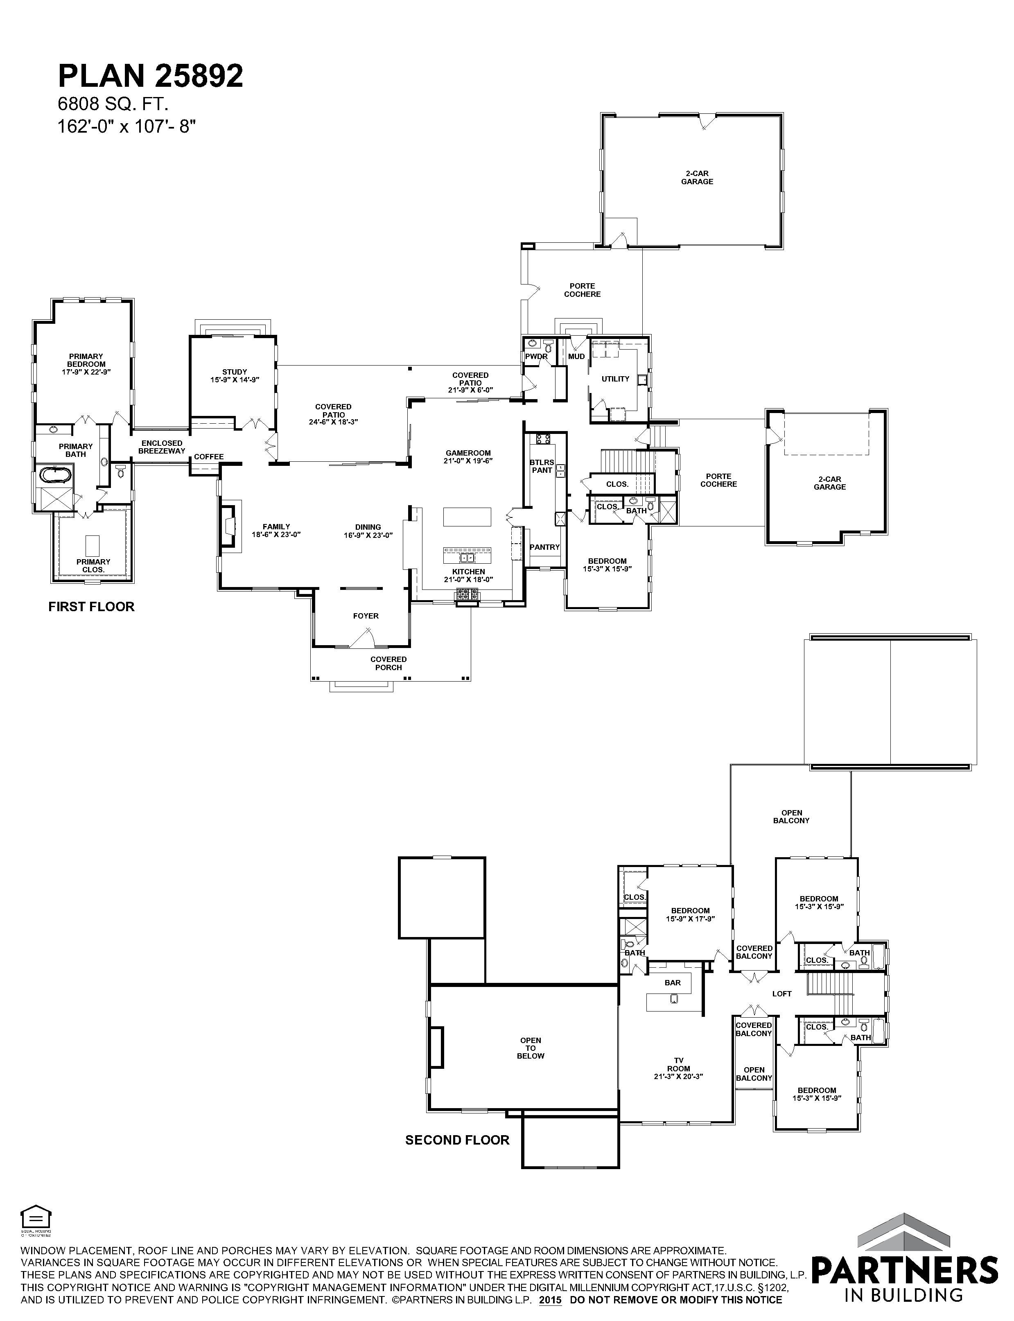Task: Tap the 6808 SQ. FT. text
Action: click(x=112, y=104)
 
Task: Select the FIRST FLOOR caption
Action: click(x=91, y=607)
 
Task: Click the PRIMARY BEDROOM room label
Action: click(x=86, y=364)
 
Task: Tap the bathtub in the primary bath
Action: click(x=55, y=474)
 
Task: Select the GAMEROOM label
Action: click(x=468, y=457)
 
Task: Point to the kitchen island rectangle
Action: click(x=467, y=517)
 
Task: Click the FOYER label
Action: click(x=366, y=616)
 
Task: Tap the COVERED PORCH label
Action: click(x=389, y=663)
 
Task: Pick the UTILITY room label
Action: click(x=616, y=379)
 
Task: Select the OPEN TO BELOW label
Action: click(x=531, y=1048)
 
